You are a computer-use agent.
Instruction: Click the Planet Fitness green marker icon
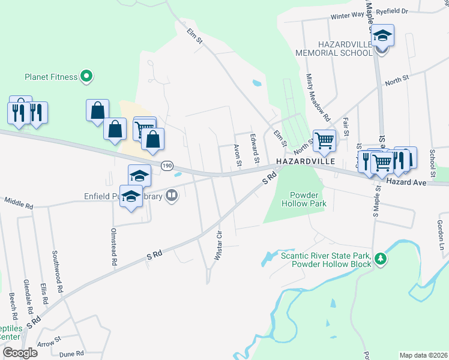click(86, 77)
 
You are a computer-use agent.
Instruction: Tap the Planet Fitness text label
click(51, 77)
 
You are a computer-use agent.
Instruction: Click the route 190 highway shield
click(167, 165)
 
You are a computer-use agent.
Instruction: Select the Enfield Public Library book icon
click(172, 196)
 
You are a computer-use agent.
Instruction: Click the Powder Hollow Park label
click(308, 199)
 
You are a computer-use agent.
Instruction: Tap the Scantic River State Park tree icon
click(379, 259)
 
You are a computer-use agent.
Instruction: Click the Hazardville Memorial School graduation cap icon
click(382, 36)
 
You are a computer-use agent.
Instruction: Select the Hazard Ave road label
click(406, 181)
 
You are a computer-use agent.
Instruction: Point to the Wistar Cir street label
click(218, 245)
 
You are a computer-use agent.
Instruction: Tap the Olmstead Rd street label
click(113, 247)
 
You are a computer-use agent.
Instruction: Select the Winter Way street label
click(348, 17)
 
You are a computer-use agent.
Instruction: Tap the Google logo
click(20, 353)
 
